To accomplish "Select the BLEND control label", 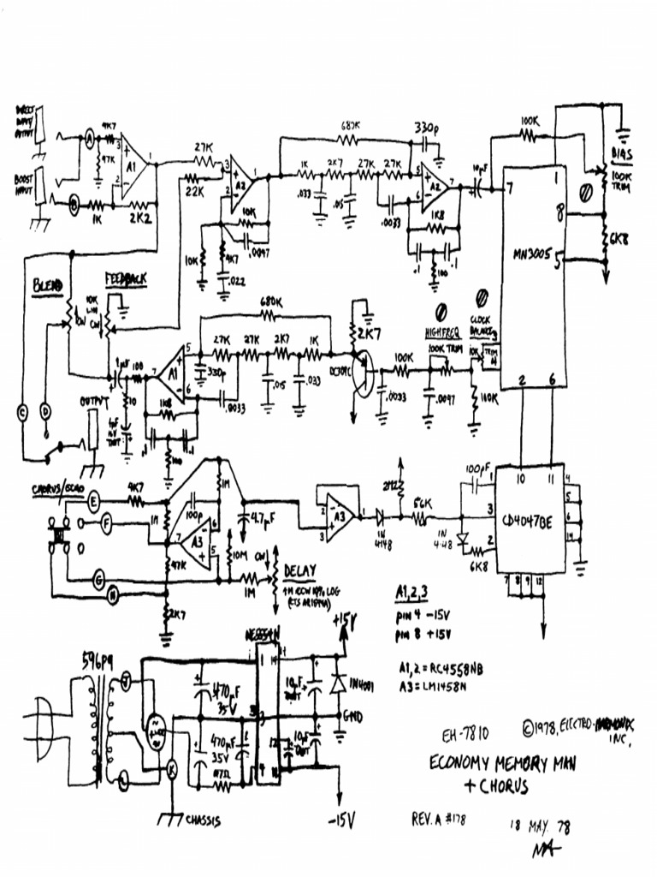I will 48,284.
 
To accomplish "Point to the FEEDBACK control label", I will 125,280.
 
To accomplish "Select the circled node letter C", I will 22,412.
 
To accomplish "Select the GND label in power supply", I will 352,713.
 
